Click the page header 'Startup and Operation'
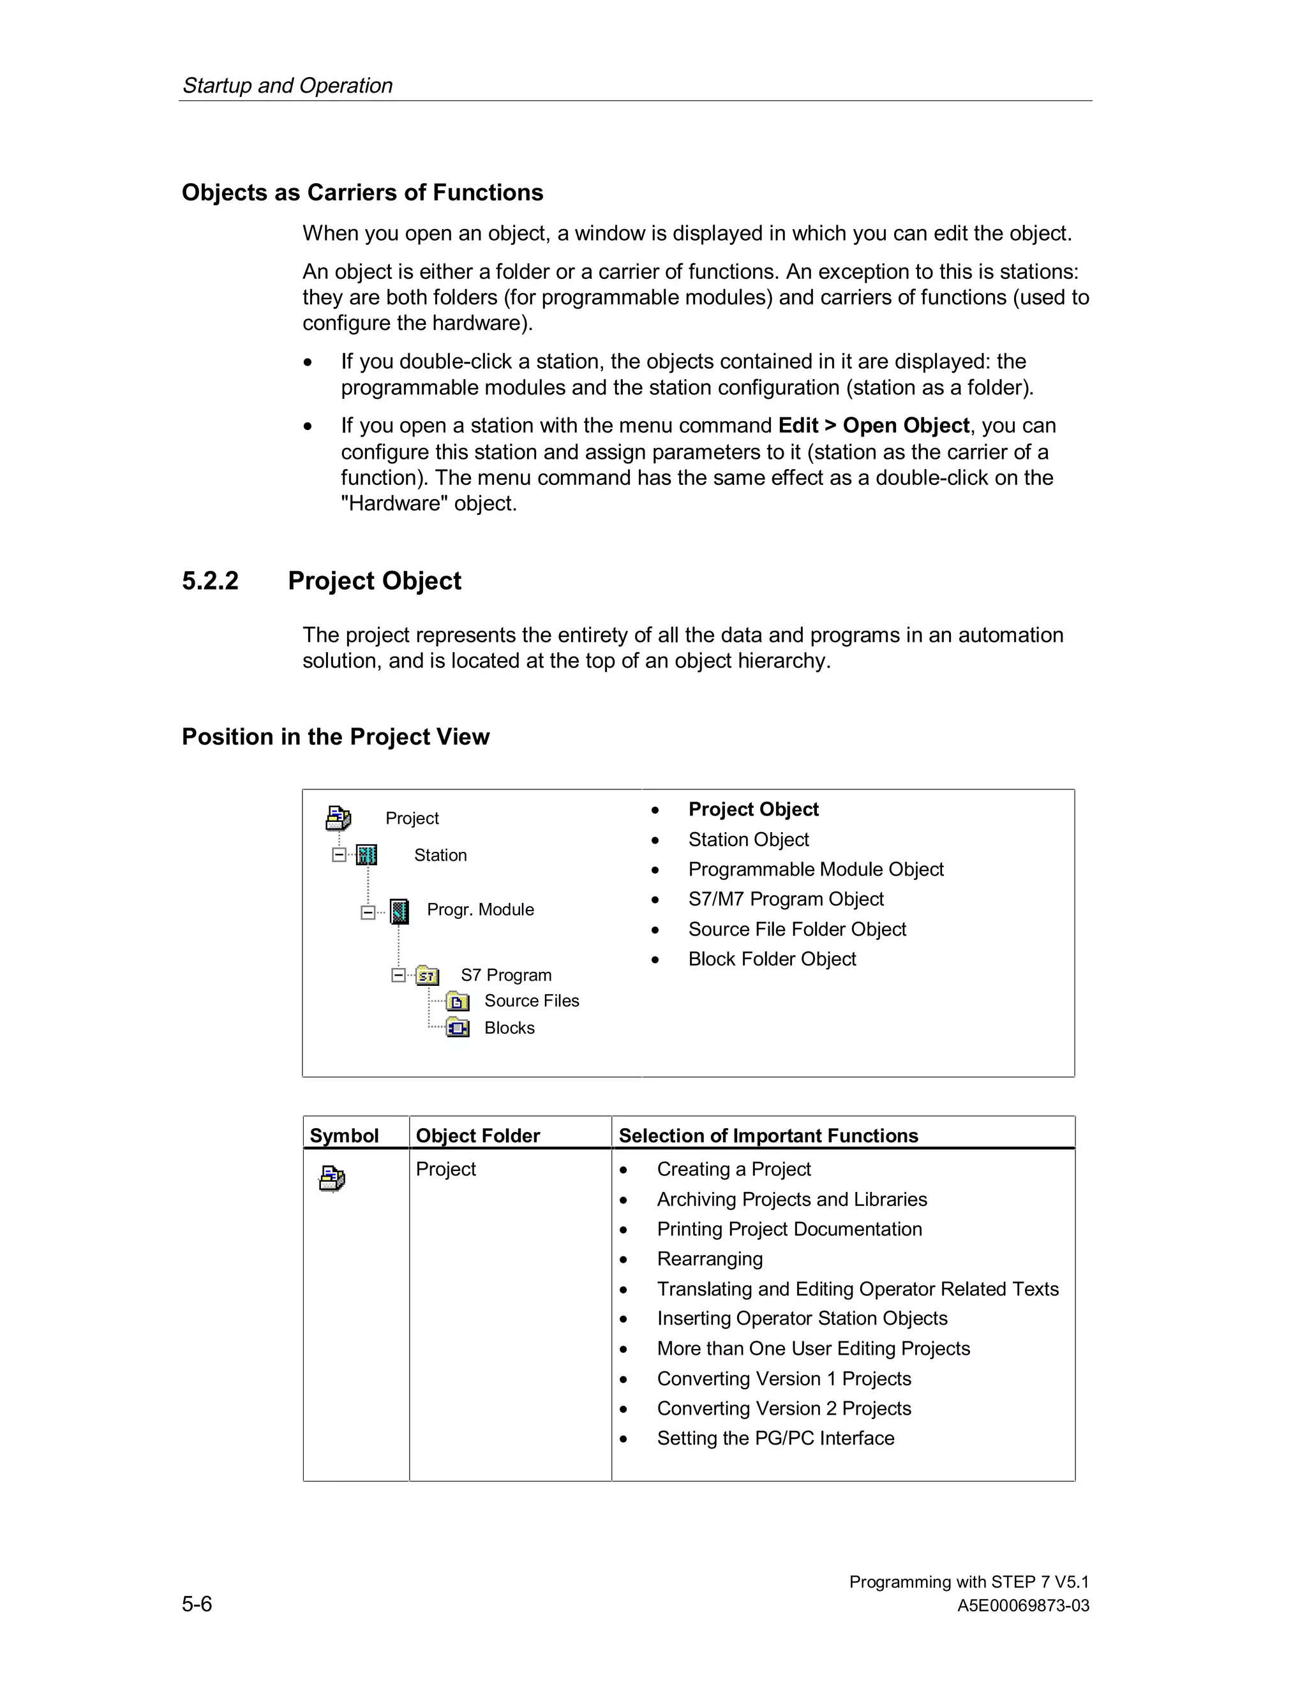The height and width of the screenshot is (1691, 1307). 287,85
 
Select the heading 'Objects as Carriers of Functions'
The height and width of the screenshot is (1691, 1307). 362,192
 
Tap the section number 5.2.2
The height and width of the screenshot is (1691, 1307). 210,581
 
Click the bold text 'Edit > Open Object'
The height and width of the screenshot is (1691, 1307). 874,426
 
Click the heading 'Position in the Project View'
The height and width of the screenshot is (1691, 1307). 335,736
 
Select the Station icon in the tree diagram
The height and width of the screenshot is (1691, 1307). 367,855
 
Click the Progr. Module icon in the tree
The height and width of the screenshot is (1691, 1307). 399,911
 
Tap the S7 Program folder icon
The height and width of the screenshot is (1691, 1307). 428,976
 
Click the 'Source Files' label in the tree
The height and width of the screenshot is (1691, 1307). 531,1001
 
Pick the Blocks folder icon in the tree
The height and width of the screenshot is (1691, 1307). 458,1028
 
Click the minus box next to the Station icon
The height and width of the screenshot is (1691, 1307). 339,855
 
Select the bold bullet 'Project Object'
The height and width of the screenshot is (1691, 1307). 752,809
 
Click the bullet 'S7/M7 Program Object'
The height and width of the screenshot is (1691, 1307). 785,899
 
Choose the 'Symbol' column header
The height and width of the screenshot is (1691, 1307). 344,1135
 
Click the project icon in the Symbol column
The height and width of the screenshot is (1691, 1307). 332,1179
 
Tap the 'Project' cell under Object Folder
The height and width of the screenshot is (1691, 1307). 445,1169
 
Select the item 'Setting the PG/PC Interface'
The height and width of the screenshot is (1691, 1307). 775,1438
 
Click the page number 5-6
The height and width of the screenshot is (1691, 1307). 197,1604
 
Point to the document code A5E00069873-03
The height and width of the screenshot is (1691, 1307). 1022,1606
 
